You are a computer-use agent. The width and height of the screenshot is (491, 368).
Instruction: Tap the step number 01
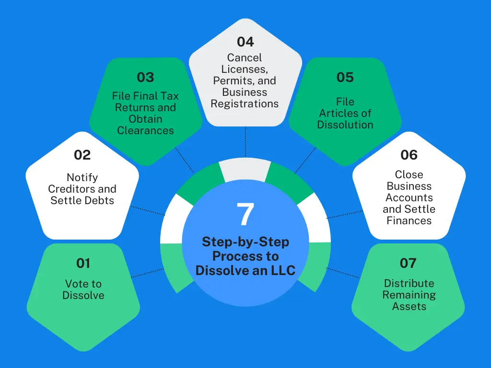(x=83, y=263)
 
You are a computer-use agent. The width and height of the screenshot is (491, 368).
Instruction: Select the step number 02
(x=82, y=155)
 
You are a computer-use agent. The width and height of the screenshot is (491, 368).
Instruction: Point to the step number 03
(x=145, y=77)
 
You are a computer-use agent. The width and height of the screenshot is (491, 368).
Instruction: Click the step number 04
(x=245, y=42)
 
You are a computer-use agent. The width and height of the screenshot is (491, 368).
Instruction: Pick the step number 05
(x=345, y=77)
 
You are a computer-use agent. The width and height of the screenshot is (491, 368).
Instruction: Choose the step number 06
(x=409, y=155)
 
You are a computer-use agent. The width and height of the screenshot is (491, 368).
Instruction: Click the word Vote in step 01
(x=76, y=284)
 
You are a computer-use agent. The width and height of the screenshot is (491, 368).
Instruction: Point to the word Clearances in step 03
(x=145, y=130)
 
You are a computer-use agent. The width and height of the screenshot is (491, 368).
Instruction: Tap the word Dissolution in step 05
(x=345, y=125)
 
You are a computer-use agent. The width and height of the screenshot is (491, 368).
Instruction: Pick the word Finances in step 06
(x=409, y=220)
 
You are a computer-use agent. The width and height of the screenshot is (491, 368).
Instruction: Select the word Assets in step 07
(x=409, y=306)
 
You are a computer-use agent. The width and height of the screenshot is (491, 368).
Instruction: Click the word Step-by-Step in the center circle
(x=245, y=241)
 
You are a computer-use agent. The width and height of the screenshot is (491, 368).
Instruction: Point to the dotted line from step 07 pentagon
(x=343, y=273)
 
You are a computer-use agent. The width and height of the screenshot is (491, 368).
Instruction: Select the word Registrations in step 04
(x=245, y=103)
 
